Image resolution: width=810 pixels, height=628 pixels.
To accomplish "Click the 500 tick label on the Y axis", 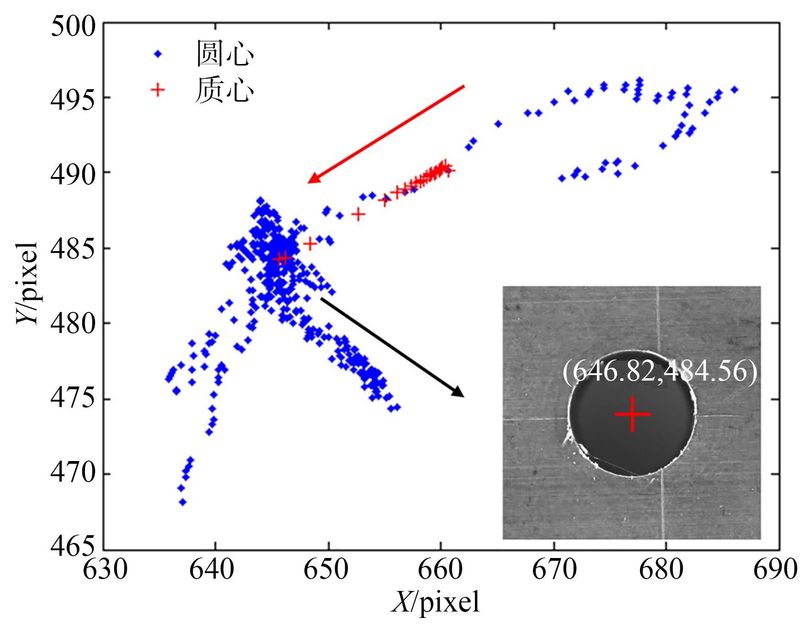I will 73,26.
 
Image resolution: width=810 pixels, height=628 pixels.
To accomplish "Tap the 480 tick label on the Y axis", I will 73,323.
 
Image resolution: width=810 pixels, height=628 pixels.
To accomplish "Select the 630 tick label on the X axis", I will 105,570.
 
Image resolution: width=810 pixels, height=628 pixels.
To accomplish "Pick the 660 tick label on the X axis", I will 440,570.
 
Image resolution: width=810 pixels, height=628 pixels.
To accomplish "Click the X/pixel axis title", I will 436,602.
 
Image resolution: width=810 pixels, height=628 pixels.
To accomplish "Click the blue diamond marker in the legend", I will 158,54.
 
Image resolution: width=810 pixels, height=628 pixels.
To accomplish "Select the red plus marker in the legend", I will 158,90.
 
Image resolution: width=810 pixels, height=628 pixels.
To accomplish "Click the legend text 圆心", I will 225,54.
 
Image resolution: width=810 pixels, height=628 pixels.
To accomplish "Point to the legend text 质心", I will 225,90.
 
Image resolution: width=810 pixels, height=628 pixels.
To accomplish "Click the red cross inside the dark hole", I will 632,414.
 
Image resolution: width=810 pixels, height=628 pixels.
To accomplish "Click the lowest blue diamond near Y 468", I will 182,502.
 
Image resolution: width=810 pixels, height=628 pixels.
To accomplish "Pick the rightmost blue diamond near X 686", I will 734,90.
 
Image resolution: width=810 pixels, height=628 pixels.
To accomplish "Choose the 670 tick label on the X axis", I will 554,570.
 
